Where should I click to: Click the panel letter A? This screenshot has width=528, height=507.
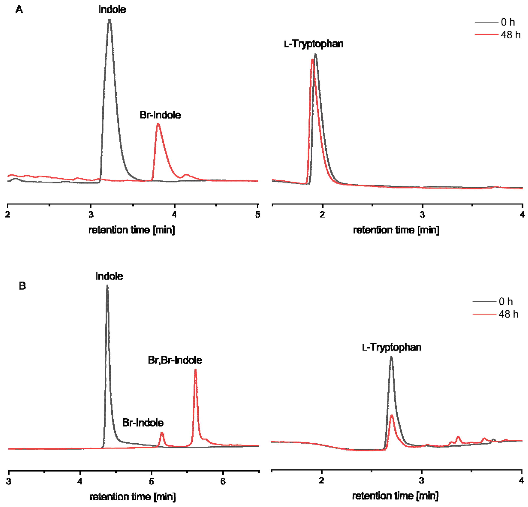[19, 10]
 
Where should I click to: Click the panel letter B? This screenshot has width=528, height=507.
[22, 286]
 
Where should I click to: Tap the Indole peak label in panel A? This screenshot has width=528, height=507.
[112, 9]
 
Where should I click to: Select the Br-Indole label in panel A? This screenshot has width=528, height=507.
[160, 115]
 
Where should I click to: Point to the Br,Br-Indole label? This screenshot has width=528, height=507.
[175, 360]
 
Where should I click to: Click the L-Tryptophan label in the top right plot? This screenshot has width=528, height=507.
[314, 44]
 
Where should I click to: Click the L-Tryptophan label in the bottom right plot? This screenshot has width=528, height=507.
[391, 348]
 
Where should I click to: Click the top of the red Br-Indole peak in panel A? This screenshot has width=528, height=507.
[158, 124]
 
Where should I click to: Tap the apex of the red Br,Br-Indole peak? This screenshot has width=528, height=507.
[195, 370]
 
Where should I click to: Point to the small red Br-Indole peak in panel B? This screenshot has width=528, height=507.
[162, 433]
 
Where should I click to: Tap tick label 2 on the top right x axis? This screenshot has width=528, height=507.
[322, 215]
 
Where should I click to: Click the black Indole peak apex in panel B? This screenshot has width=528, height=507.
[107, 285]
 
